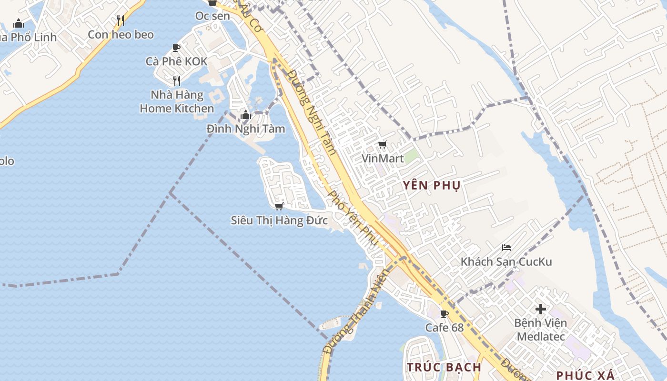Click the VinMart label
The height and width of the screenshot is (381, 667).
[x=383, y=158]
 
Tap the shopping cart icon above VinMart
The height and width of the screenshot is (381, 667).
[x=382, y=145]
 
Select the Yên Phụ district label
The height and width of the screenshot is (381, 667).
[x=432, y=186]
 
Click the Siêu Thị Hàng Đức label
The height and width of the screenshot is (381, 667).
[x=279, y=221]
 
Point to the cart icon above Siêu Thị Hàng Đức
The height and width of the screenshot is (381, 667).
[x=279, y=206]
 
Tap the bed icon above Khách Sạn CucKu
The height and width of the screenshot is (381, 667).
[x=506, y=248]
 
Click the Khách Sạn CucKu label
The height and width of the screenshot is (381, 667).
[x=506, y=261]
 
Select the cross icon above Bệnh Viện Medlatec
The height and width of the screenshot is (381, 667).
[x=540, y=309]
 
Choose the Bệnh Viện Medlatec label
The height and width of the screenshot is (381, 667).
[x=541, y=330]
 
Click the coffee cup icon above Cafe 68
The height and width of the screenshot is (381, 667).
[x=445, y=314]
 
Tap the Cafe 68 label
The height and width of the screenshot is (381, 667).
[x=445, y=328]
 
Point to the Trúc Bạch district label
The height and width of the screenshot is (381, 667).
[x=444, y=367]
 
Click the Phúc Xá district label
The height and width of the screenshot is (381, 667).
[x=585, y=375]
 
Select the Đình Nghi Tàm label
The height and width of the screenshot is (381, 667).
[x=246, y=129]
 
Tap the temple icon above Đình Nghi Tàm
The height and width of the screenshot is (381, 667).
[x=246, y=115]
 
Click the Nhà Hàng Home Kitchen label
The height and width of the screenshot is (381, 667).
[x=177, y=101]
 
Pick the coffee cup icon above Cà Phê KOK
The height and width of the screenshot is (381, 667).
[x=176, y=48]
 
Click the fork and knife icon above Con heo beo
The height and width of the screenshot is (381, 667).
[x=121, y=20]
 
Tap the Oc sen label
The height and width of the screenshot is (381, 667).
[x=212, y=16]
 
